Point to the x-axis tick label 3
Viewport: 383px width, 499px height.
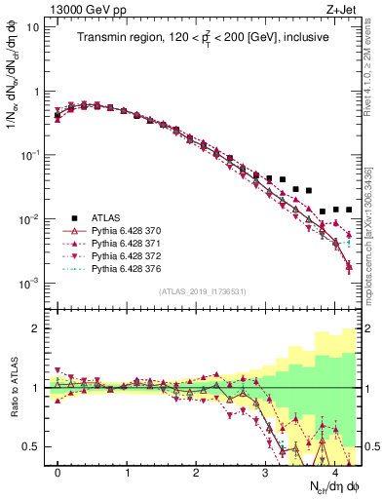point(266,473)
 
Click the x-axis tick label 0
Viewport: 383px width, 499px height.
point(58,473)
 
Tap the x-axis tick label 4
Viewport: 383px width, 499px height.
point(335,473)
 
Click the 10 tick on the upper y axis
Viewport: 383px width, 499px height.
point(33,27)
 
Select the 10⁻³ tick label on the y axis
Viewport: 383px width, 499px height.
point(29,283)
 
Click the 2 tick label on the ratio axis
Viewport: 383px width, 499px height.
point(37,328)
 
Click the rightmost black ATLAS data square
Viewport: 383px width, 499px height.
point(349,210)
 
